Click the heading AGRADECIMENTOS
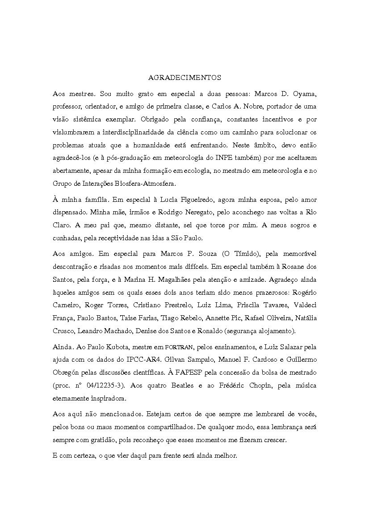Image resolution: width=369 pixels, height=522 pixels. point(184,78)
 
